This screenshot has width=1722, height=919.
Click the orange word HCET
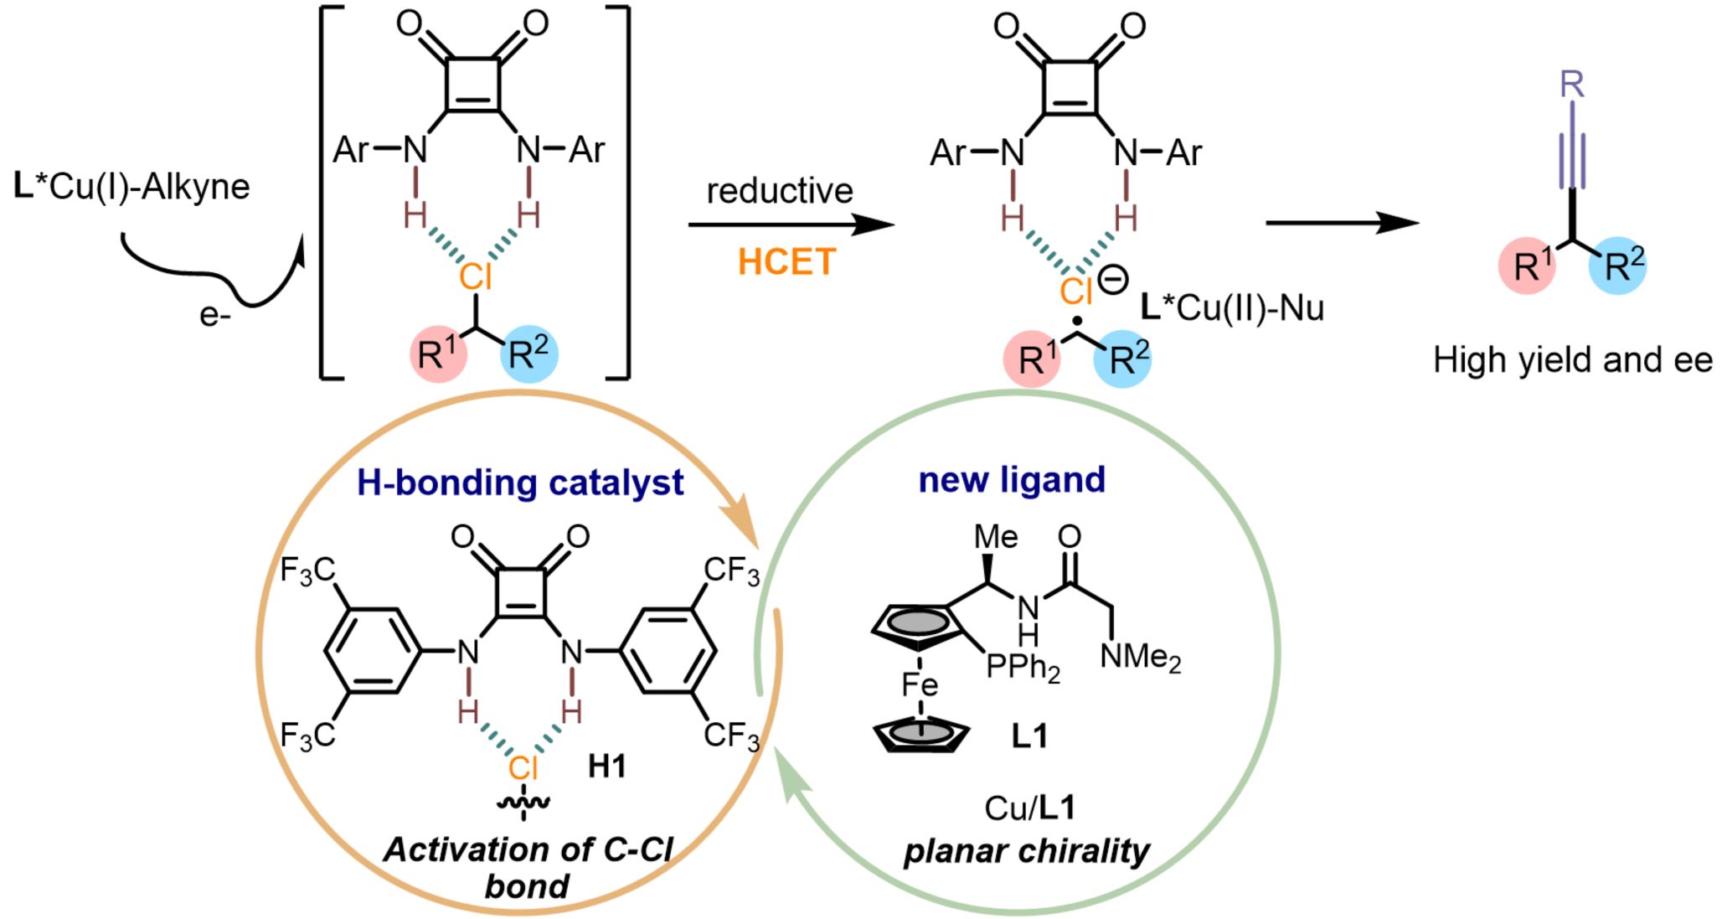tap(786, 262)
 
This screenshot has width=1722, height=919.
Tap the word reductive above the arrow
tap(780, 191)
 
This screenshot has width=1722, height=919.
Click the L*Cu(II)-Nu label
tap(1232, 307)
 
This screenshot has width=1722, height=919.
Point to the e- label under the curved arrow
tap(214, 315)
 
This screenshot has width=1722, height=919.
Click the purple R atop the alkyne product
tap(1572, 84)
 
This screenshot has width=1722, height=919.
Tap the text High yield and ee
tap(1572, 360)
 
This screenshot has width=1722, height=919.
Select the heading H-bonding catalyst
tap(520, 483)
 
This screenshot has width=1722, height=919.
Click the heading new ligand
tap(1012, 480)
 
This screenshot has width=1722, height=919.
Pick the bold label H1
tap(606, 766)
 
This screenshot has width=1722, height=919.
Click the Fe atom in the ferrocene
tap(919, 685)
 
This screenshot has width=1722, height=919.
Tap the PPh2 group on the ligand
tap(1023, 668)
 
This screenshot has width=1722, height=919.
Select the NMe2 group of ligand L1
tap(1140, 657)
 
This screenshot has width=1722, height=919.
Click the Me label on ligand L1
tap(996, 537)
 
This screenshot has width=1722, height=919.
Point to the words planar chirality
tap(1026, 851)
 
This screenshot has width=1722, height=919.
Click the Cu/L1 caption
tap(1029, 808)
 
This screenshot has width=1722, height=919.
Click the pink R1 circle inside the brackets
tap(438, 354)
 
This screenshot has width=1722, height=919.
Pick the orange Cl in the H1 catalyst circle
tap(523, 767)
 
